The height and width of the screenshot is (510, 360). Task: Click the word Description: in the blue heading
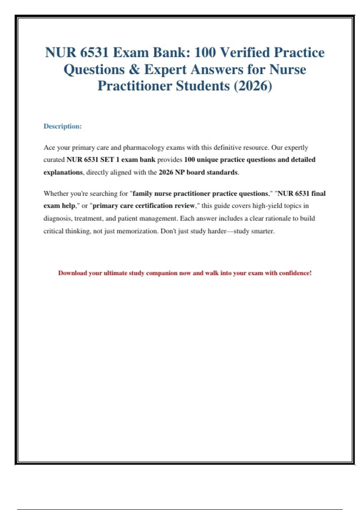point(62,126)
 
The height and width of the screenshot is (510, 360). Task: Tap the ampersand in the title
point(134,69)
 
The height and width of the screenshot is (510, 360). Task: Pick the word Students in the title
point(202,86)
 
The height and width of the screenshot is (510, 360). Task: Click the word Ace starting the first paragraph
point(49,148)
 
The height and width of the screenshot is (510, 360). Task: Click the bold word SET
point(107,160)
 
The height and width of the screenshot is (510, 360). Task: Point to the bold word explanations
point(63,172)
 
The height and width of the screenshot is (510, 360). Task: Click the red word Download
point(72,273)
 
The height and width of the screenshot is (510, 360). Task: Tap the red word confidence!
point(295,273)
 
